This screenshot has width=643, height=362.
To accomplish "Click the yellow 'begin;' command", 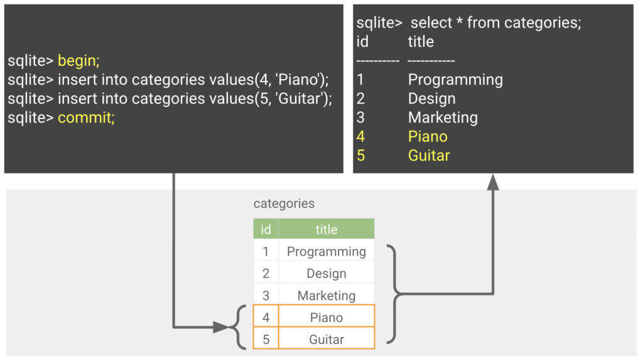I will click(78, 61).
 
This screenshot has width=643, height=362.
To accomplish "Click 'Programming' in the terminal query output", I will click(455, 80).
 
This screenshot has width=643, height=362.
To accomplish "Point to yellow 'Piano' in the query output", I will click(428, 136).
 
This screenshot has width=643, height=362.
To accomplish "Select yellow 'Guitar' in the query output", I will click(429, 155).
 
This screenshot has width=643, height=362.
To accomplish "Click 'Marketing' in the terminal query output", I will click(443, 117).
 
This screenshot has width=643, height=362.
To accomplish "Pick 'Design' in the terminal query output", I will click(431, 98).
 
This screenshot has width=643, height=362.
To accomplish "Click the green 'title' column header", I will click(326, 230).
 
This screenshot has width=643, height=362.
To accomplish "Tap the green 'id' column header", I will click(266, 230).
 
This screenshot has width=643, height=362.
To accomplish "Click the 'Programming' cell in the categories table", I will click(326, 252).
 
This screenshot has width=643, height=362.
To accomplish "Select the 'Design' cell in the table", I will click(326, 274).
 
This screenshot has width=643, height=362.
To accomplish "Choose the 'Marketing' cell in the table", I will click(326, 295).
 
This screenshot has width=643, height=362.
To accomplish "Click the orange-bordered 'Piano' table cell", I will click(326, 317).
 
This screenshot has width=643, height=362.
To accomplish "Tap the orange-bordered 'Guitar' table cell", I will click(326, 339).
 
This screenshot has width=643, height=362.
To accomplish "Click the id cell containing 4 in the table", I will click(266, 317).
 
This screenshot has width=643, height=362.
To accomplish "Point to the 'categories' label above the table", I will click(284, 204).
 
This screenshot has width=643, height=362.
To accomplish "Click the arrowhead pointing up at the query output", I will click(493, 181).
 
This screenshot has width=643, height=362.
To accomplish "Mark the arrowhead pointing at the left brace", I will click(221, 327).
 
